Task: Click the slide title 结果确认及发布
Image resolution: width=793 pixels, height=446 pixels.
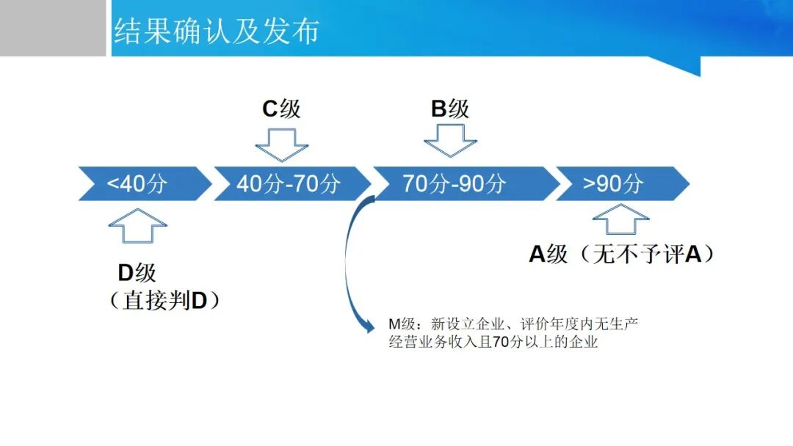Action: (217, 31)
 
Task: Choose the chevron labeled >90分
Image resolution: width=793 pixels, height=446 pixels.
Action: (623, 183)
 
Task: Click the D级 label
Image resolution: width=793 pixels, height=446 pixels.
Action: (137, 274)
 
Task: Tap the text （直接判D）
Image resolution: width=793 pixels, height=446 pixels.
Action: (164, 301)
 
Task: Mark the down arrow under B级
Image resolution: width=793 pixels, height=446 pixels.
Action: (450, 141)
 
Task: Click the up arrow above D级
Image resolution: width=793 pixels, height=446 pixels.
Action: (137, 226)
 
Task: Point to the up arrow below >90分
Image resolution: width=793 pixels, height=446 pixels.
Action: (621, 219)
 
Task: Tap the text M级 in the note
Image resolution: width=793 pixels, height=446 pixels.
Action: (402, 323)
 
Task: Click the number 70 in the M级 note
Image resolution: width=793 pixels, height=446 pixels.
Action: (500, 342)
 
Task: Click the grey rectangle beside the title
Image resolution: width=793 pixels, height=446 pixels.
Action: (53, 28)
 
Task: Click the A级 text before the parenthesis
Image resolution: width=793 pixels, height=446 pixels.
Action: (548, 254)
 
